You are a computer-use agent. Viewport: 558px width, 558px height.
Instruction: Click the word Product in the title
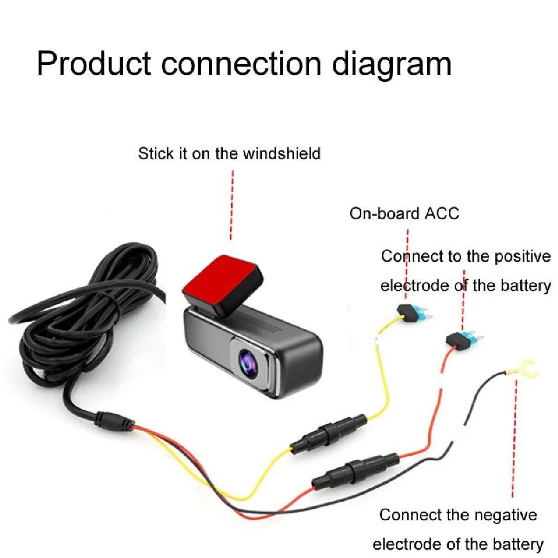pos(94,63)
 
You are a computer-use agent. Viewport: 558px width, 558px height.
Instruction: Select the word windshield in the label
pos(282,153)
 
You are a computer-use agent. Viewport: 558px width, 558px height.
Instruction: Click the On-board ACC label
pos(404,213)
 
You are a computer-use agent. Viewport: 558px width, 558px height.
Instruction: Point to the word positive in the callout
pos(522,257)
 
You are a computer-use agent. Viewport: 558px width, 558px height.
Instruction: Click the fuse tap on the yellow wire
pos(413,312)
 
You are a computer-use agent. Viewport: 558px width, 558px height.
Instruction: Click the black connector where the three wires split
pos(115,422)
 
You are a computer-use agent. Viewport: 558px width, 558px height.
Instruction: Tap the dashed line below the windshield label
pos(232,205)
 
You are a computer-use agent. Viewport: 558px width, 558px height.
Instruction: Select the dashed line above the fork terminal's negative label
pos(514,438)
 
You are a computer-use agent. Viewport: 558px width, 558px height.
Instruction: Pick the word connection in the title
pos(241,63)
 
